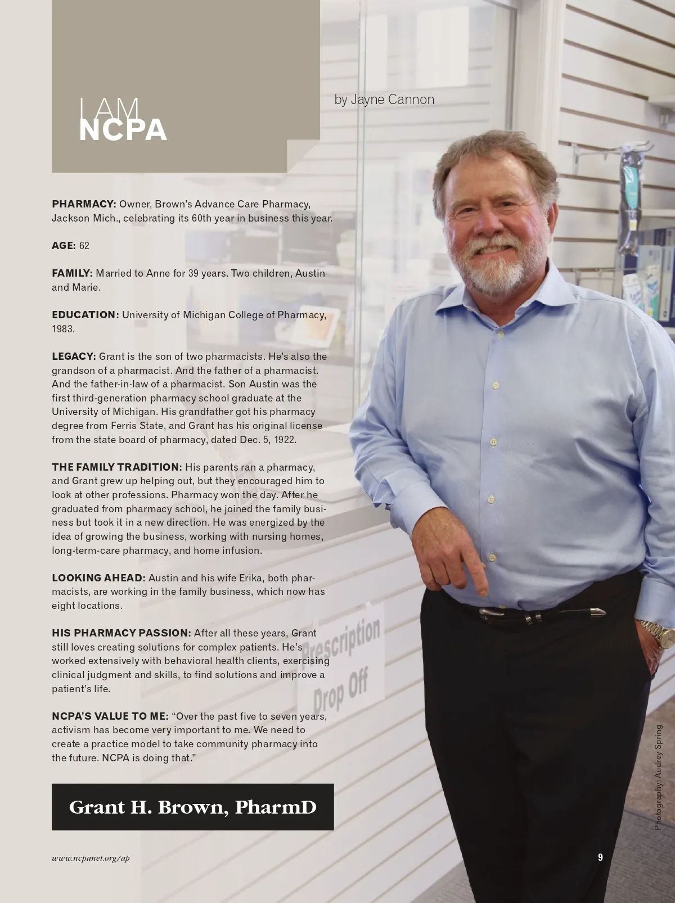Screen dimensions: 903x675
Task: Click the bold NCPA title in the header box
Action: (123, 130)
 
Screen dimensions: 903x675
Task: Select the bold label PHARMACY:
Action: (84, 204)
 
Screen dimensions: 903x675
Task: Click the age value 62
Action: (84, 246)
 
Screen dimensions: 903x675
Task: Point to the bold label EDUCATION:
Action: (85, 315)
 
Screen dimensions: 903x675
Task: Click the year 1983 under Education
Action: (63, 329)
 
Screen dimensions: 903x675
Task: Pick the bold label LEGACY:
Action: (74, 356)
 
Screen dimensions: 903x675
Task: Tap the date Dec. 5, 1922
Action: (268, 440)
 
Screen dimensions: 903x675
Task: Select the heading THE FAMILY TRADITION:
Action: (117, 467)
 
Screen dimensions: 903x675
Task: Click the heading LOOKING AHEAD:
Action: (98, 578)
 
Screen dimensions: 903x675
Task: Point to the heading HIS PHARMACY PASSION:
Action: (121, 633)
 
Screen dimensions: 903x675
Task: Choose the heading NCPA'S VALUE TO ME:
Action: (110, 716)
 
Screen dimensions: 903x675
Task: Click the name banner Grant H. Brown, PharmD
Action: (192, 807)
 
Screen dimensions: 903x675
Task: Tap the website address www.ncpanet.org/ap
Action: (91, 859)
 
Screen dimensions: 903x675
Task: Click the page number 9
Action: (600, 857)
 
